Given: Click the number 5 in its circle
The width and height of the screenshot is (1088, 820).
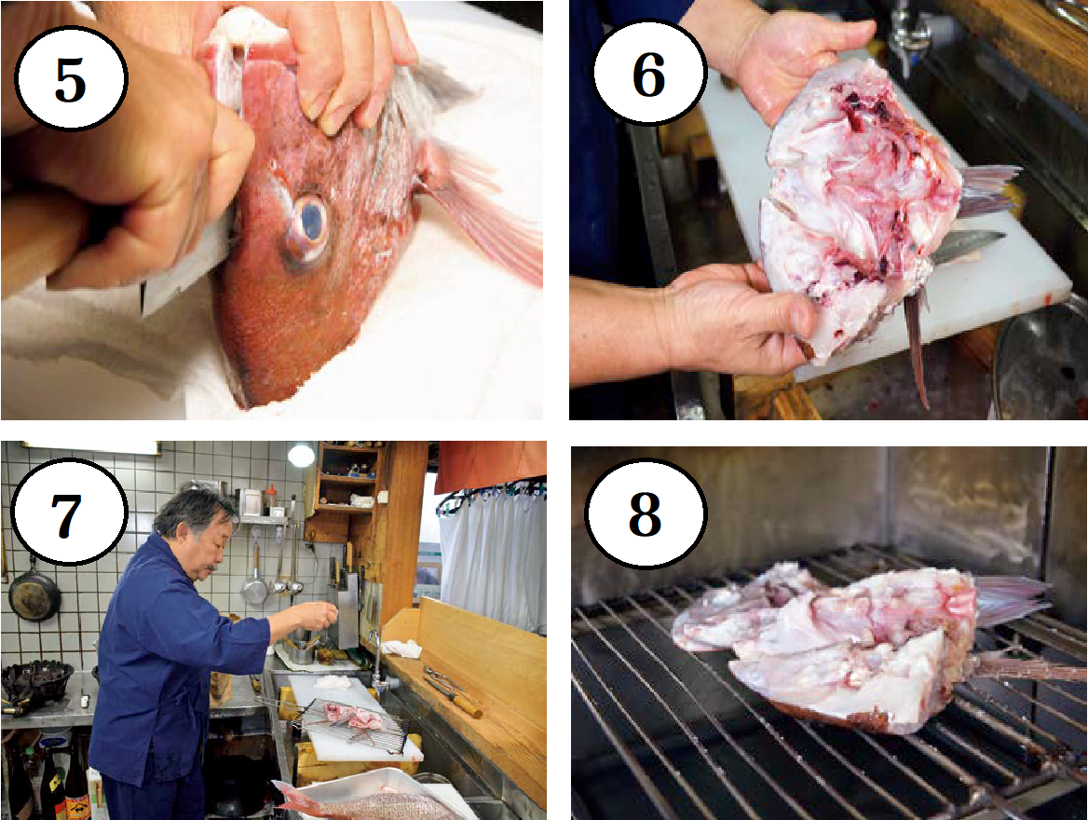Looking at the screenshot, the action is click(69, 80).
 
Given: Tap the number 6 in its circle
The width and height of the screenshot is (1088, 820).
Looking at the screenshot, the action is click(648, 75).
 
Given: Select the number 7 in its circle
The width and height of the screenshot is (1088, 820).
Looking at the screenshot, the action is click(66, 515).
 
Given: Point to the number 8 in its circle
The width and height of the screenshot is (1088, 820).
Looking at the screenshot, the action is click(645, 513).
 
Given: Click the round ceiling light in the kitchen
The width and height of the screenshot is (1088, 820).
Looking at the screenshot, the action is click(301, 456).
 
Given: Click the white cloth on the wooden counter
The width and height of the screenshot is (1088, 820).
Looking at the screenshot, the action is click(402, 649).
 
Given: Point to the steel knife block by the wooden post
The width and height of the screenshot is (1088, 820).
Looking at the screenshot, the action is click(347, 608).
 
